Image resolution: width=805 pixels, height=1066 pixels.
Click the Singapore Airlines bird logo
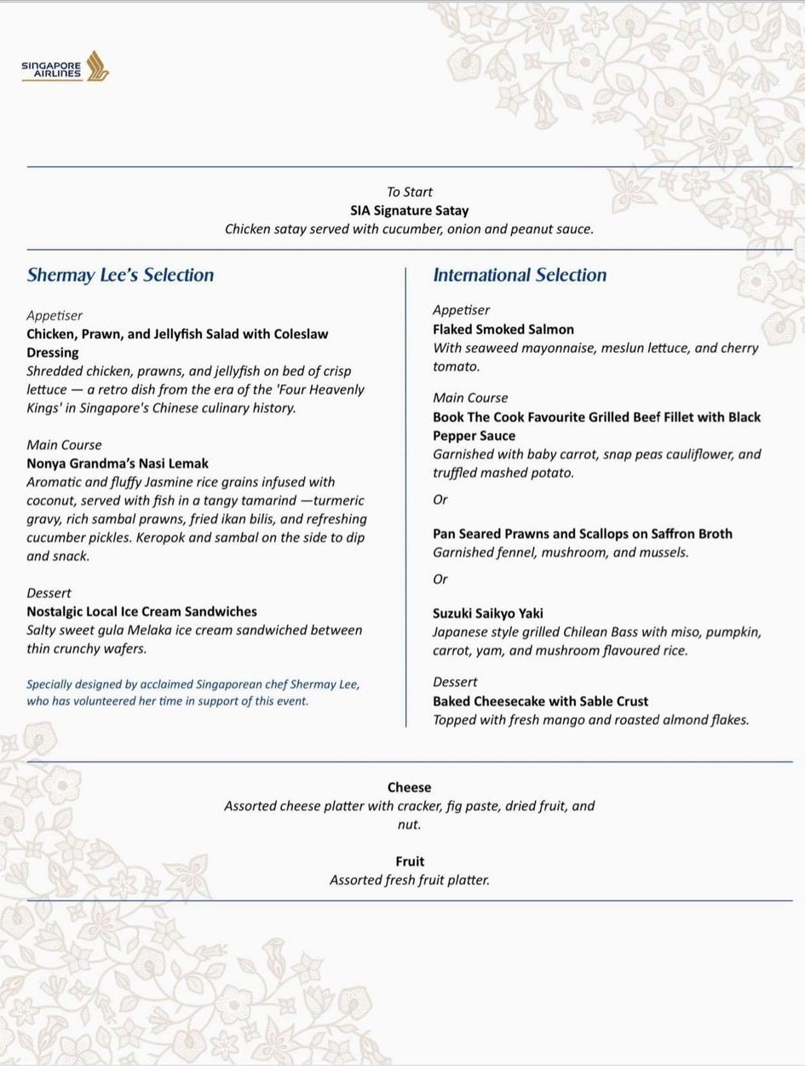point(97,66)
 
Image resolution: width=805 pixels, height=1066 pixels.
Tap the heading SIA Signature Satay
point(409,210)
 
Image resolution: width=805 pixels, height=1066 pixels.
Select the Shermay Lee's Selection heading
point(120,275)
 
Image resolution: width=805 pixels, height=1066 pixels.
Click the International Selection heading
point(520,275)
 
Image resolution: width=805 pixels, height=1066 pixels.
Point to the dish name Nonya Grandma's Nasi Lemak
point(118,464)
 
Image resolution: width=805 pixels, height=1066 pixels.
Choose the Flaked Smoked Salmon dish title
point(503,329)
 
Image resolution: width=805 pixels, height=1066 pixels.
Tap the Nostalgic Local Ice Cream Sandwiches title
point(141,612)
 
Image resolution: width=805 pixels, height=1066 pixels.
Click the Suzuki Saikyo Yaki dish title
point(487,614)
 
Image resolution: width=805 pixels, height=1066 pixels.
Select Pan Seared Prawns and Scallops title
point(583,534)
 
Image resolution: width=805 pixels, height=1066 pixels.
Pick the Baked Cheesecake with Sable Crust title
point(540,701)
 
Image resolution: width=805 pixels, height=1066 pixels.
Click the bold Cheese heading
point(409,787)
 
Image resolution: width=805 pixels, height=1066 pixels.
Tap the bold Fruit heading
point(410,861)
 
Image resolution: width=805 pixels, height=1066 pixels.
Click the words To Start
point(410,193)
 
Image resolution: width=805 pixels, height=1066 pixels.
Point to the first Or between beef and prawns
point(440,500)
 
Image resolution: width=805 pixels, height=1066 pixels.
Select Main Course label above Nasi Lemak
point(64,445)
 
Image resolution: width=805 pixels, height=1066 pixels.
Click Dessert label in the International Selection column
point(455,683)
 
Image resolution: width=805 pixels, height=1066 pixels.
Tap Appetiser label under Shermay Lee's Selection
point(55,315)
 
